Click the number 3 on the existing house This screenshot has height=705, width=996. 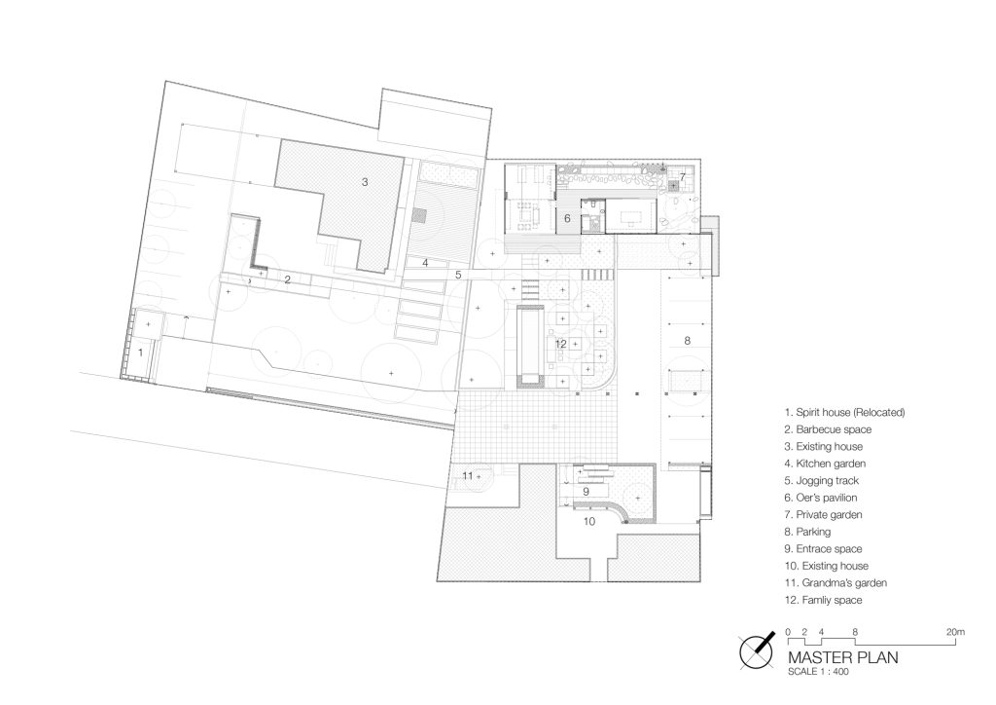pyautogui.click(x=365, y=181)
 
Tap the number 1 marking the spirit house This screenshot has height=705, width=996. pyautogui.click(x=142, y=350)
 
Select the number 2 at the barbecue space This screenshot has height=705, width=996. pyautogui.click(x=287, y=279)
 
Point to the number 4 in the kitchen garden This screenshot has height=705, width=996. pyautogui.click(x=425, y=263)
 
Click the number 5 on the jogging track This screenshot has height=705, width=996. pyautogui.click(x=457, y=276)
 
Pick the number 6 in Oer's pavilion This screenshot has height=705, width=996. pyautogui.click(x=567, y=218)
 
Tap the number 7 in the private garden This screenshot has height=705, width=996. pyautogui.click(x=683, y=176)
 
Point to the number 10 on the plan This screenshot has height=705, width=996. pyautogui.click(x=589, y=522)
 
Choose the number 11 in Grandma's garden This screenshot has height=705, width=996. pyautogui.click(x=468, y=475)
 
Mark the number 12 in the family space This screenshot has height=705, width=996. pyautogui.click(x=560, y=344)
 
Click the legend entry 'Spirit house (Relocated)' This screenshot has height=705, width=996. pyautogui.click(x=844, y=412)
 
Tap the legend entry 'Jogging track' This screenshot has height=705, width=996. pyautogui.click(x=821, y=480)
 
